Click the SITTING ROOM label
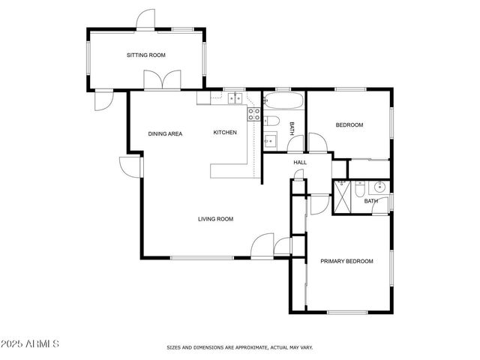(x=145, y=55)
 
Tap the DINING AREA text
(x=165, y=133)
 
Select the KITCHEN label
(x=225, y=133)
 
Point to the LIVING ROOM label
(x=215, y=219)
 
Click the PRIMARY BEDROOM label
(x=346, y=261)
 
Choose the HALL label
(x=300, y=162)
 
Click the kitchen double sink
(x=235, y=97)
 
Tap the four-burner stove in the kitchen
(x=254, y=115)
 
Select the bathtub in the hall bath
(x=283, y=101)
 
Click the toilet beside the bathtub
(x=272, y=121)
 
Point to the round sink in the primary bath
(x=379, y=187)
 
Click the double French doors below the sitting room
(x=163, y=80)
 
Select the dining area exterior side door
(x=130, y=166)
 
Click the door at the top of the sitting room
(x=145, y=19)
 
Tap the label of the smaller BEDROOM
(x=349, y=125)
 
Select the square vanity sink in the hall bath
(x=270, y=139)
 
